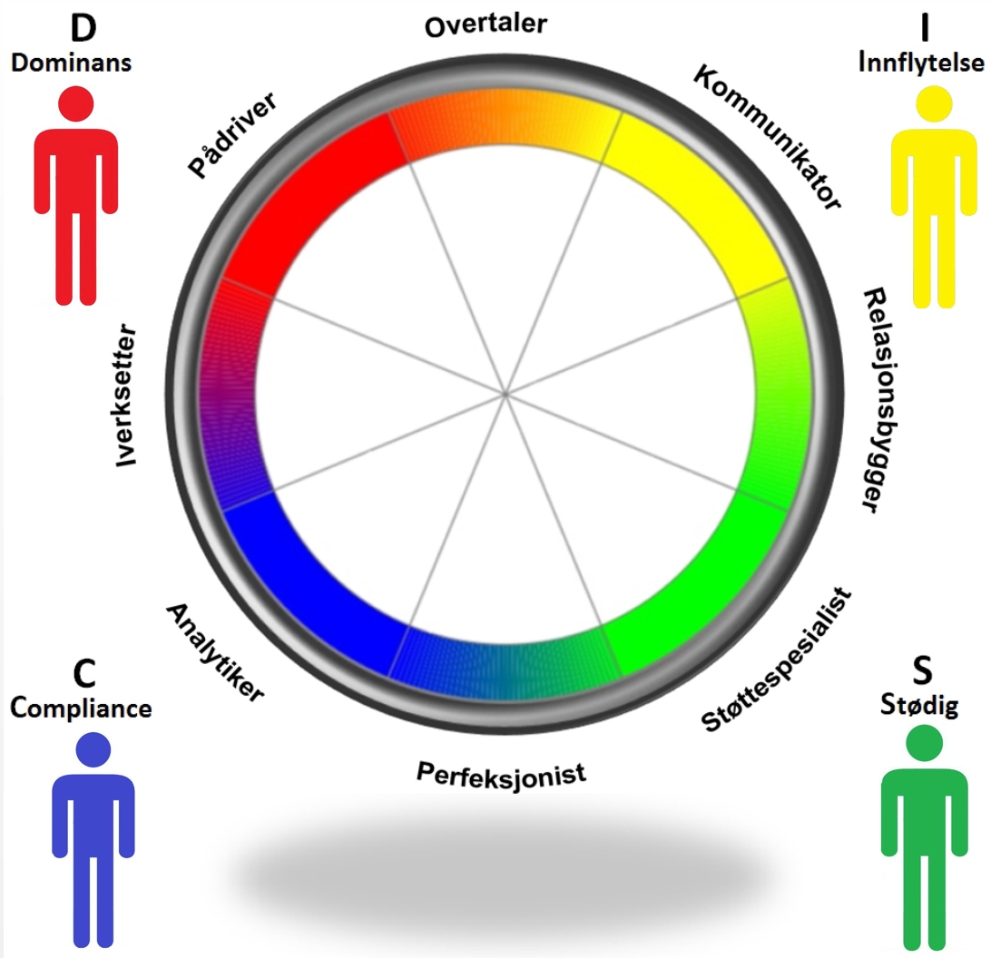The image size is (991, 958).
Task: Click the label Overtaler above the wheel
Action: (486, 24)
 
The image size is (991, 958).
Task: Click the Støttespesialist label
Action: (778, 658)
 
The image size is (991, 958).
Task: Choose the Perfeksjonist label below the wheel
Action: (501, 773)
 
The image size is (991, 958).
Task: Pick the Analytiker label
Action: (215, 651)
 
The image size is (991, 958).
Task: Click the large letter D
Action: (84, 28)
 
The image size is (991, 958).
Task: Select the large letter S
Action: (919, 674)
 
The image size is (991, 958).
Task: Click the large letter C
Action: (83, 674)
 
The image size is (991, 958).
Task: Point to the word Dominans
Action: (72, 64)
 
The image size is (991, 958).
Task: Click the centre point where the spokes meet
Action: (505, 394)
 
